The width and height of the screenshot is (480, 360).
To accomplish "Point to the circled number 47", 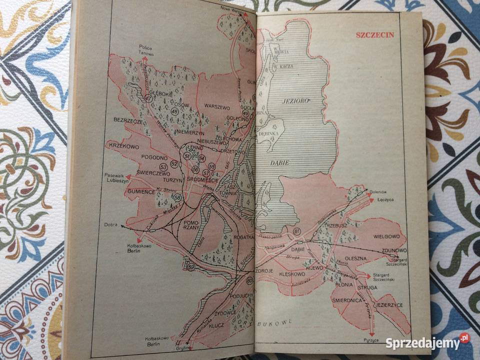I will (x=148, y=98).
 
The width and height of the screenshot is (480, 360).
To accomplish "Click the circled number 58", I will (x=177, y=198).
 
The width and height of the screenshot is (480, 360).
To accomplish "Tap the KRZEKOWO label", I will (x=121, y=145).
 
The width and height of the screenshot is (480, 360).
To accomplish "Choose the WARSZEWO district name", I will (x=216, y=106).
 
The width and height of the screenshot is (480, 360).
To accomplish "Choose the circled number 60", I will (x=249, y=281).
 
